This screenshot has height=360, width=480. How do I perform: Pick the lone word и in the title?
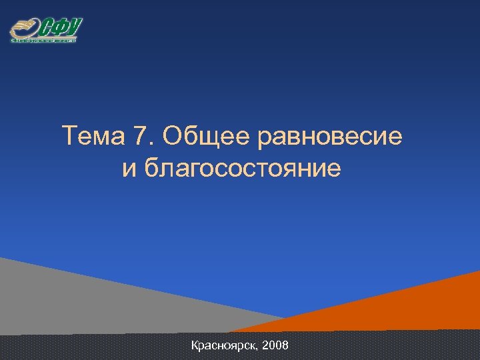(x=128, y=170)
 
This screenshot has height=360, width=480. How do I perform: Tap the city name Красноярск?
(x=225, y=346)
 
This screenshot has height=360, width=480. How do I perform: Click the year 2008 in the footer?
(x=276, y=346)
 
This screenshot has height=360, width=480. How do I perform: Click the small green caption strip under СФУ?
(x=44, y=40)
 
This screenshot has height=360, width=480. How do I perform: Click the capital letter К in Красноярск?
(x=195, y=346)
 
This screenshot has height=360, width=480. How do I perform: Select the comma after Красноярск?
(x=258, y=350)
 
